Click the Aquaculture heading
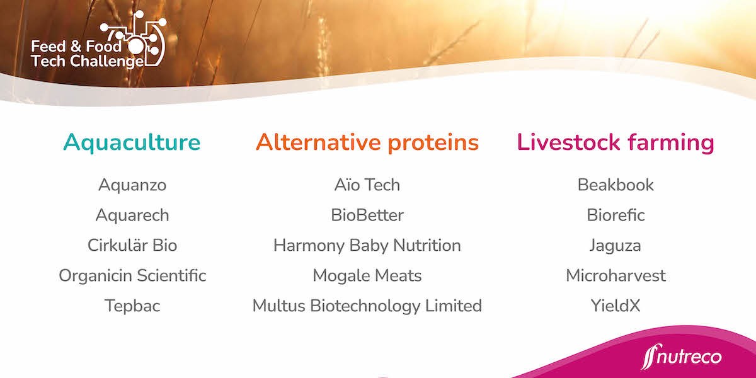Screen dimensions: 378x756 click(132, 142)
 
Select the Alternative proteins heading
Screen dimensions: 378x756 click(367, 142)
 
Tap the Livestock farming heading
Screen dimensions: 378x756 click(616, 142)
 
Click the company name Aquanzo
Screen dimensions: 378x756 click(132, 185)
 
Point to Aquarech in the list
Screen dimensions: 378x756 click(132, 215)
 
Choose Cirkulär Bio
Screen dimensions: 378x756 click(132, 245)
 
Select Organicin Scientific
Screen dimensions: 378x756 click(132, 275)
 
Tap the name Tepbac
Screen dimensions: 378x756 click(132, 306)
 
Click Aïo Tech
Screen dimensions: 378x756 click(367, 185)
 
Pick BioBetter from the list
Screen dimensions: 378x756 click(367, 215)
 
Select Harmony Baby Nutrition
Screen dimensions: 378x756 click(367, 245)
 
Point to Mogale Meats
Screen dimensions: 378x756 click(367, 275)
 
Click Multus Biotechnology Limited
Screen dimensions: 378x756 click(367, 306)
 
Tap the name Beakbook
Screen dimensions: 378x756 click(616, 185)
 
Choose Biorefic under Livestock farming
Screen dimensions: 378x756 click(616, 215)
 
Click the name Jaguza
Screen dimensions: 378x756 click(616, 245)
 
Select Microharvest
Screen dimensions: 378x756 click(616, 275)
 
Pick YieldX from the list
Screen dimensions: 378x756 click(616, 306)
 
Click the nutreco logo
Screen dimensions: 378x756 click(681, 358)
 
